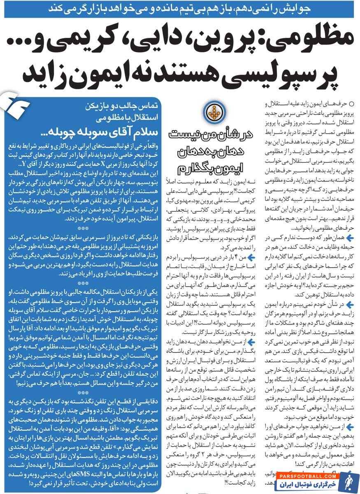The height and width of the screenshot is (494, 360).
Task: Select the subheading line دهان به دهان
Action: tap(212, 152)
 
